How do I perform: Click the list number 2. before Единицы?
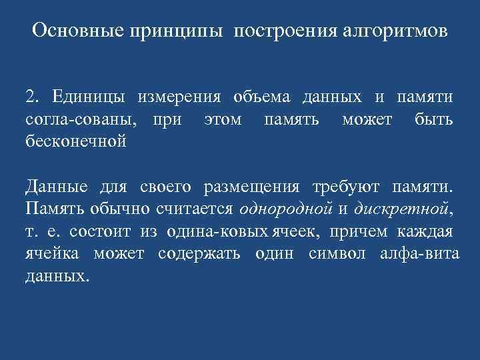[x=33, y=97]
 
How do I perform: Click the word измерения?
[x=179, y=97]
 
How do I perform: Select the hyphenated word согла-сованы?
[x=83, y=120]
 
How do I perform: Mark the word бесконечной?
[x=75, y=142]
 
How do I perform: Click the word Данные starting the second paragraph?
[x=53, y=185]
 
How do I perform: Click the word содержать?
[x=197, y=253]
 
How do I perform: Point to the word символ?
[x=337, y=253]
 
